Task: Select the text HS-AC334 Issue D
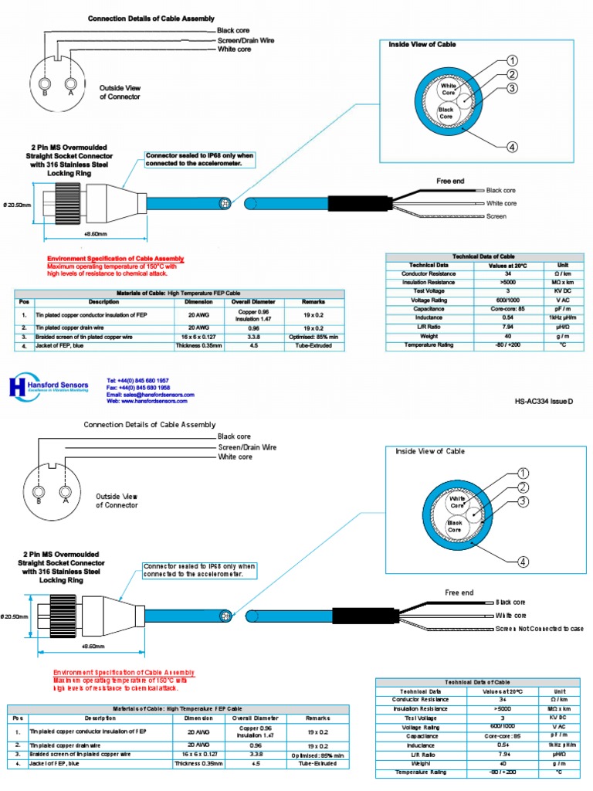point(544,401)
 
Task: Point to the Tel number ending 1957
point(138,381)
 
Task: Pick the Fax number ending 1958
point(138,388)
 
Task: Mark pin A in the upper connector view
point(71,83)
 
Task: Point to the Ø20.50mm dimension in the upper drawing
point(17,205)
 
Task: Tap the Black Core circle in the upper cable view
point(446,112)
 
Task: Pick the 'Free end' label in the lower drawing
point(459,592)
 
